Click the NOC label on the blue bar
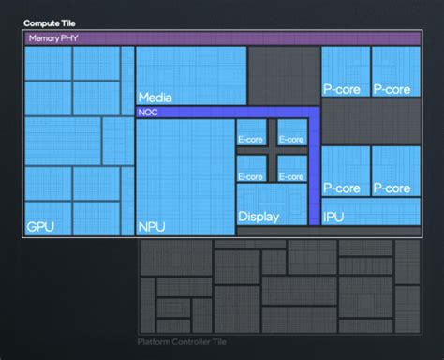point(148,112)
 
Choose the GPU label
point(40,226)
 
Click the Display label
point(259,217)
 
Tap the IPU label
point(333,217)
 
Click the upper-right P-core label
point(392,89)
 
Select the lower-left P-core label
point(342,187)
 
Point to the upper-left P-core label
point(342,89)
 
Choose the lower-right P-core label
point(392,187)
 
